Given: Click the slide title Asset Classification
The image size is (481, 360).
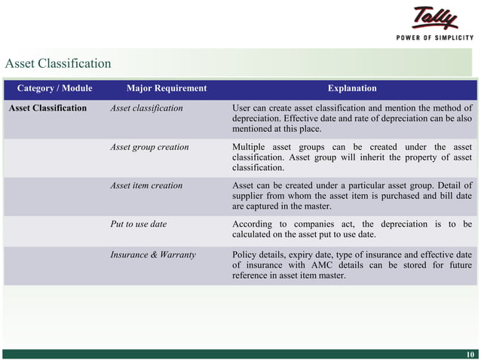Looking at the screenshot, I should (58, 63).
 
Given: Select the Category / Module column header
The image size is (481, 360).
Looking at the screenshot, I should (54, 88).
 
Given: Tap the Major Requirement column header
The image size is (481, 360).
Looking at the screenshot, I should (166, 88).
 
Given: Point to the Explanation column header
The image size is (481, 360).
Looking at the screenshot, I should (352, 88).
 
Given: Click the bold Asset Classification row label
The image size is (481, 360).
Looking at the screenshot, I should (47, 108).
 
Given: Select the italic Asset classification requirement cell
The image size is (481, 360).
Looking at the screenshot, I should (146, 108).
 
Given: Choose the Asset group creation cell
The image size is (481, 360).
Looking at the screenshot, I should (149, 147).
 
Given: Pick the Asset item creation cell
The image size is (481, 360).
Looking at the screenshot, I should (146, 185).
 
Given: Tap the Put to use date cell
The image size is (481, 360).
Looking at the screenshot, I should (138, 224).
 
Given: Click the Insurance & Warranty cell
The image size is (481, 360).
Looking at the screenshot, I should (153, 255).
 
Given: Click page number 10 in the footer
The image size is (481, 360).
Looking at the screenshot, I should (470, 355).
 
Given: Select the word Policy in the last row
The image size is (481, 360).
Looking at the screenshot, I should (244, 255).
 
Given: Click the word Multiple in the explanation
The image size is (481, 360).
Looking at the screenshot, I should (250, 147).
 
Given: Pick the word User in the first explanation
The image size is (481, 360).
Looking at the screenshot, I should (242, 108).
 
